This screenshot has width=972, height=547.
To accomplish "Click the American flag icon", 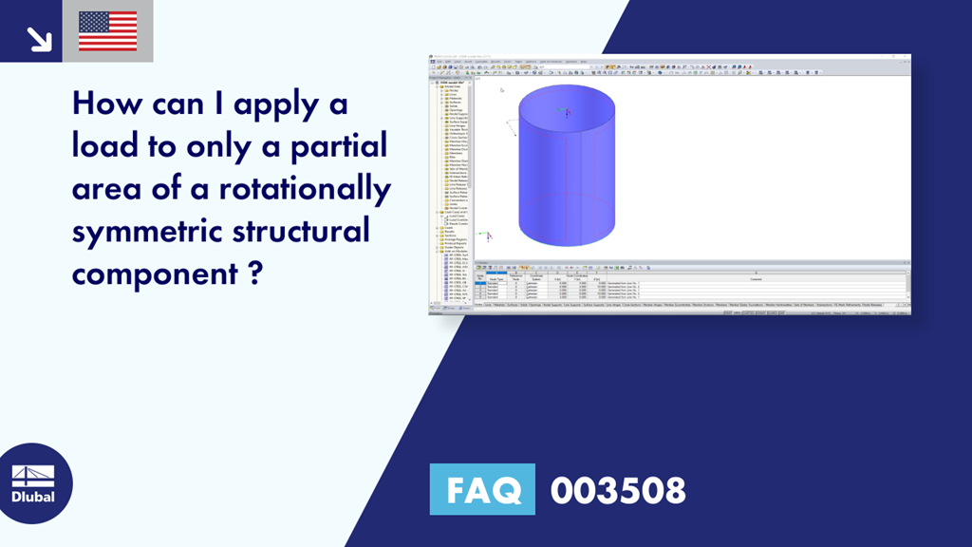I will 107,31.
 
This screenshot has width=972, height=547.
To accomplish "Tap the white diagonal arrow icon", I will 38,37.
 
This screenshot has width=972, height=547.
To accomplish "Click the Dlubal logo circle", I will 33,484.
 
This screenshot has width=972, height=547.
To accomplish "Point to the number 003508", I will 617,490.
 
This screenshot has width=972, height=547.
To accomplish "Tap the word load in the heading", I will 106,146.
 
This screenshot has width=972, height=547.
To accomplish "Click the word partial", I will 336,148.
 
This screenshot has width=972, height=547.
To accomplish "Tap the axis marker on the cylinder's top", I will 567,111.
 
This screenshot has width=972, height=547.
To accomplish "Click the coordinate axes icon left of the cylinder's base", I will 487,236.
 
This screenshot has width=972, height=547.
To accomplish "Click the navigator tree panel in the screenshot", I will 451,190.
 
